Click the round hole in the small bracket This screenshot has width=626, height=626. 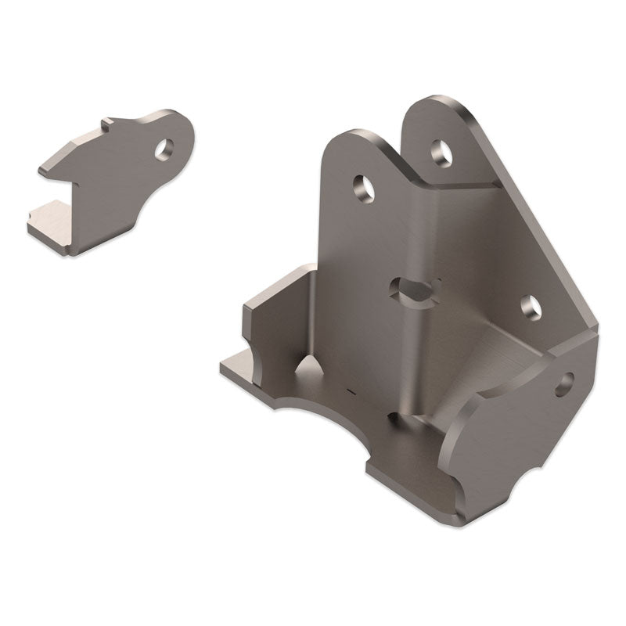164,149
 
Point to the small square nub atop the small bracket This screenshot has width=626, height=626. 110,124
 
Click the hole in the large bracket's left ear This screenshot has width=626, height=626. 363,188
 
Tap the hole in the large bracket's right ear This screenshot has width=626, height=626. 441,152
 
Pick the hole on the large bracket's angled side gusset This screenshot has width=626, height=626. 531,308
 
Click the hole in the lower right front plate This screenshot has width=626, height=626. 564,383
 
